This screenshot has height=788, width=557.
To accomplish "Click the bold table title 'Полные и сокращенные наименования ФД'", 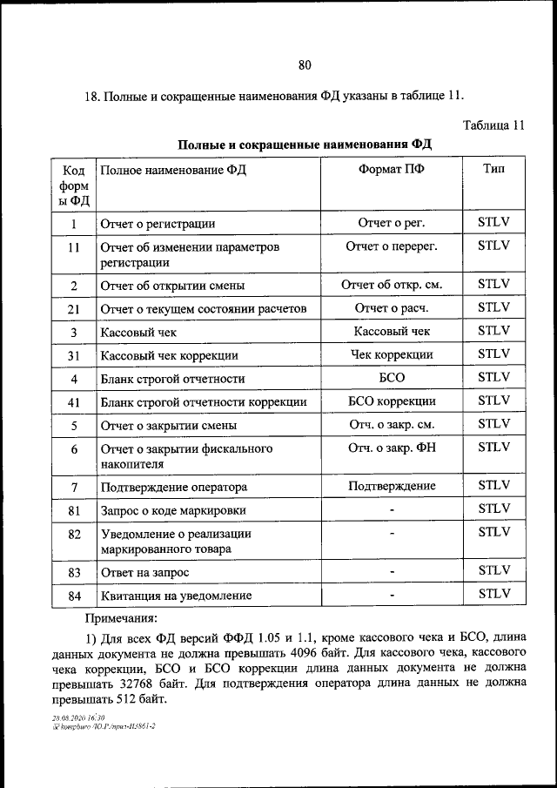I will click(x=305, y=144).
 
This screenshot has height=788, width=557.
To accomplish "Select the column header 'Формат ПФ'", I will click(x=392, y=170).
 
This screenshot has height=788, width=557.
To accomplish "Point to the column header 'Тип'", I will click(x=493, y=169).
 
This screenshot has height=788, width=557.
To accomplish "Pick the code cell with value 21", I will click(x=74, y=308).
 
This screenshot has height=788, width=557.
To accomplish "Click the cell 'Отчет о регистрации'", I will click(x=158, y=224).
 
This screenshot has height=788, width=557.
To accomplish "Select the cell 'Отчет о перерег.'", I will click(x=392, y=246).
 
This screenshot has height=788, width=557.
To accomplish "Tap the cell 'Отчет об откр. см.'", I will click(x=392, y=285).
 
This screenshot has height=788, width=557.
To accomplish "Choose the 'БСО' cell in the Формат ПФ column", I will click(x=392, y=378).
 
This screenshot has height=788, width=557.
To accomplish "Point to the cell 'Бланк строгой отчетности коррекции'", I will click(x=203, y=402).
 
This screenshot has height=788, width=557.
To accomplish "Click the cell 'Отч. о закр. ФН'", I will click(x=392, y=448).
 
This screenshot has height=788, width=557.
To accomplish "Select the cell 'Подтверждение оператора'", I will click(x=173, y=487).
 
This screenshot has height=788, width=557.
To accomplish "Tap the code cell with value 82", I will click(x=74, y=533).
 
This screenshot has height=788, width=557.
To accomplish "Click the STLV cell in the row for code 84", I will click(x=493, y=595).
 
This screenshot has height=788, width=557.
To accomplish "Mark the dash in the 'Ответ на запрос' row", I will click(x=393, y=572).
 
